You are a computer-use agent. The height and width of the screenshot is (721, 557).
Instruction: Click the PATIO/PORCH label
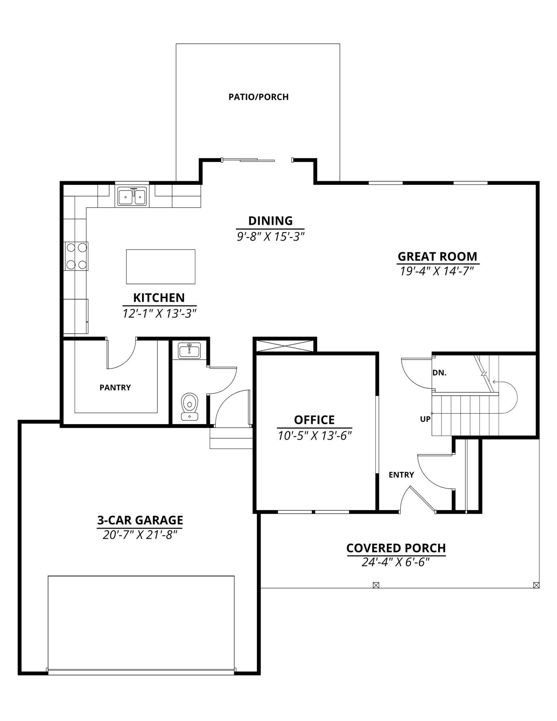click(x=258, y=97)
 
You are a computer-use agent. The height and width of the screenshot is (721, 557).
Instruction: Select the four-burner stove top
click(x=76, y=256)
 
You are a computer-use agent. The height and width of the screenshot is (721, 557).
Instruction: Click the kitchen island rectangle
click(x=160, y=266)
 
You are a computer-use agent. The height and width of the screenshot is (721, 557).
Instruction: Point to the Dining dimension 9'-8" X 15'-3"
click(x=270, y=237)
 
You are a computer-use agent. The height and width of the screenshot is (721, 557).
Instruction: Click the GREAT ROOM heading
click(x=437, y=256)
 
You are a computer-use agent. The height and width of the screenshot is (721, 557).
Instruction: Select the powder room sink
click(x=189, y=350)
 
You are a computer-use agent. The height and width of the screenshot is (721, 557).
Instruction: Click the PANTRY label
click(x=115, y=388)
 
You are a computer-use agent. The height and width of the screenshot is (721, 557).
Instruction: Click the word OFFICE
click(x=314, y=420)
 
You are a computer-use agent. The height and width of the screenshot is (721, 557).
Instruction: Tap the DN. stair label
click(x=439, y=373)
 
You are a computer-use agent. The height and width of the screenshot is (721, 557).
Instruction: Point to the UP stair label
click(x=425, y=419)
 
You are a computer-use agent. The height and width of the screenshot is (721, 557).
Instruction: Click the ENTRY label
click(x=401, y=475)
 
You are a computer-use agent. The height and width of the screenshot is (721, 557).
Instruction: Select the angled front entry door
click(x=423, y=499)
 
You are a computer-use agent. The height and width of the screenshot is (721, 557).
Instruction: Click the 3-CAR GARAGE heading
click(x=140, y=520)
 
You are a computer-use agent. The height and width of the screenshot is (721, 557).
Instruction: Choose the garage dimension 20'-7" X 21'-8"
click(x=140, y=535)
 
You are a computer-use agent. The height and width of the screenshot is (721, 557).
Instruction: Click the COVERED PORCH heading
click(x=396, y=548)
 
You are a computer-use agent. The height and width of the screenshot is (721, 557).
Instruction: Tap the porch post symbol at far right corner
click(x=536, y=585)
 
